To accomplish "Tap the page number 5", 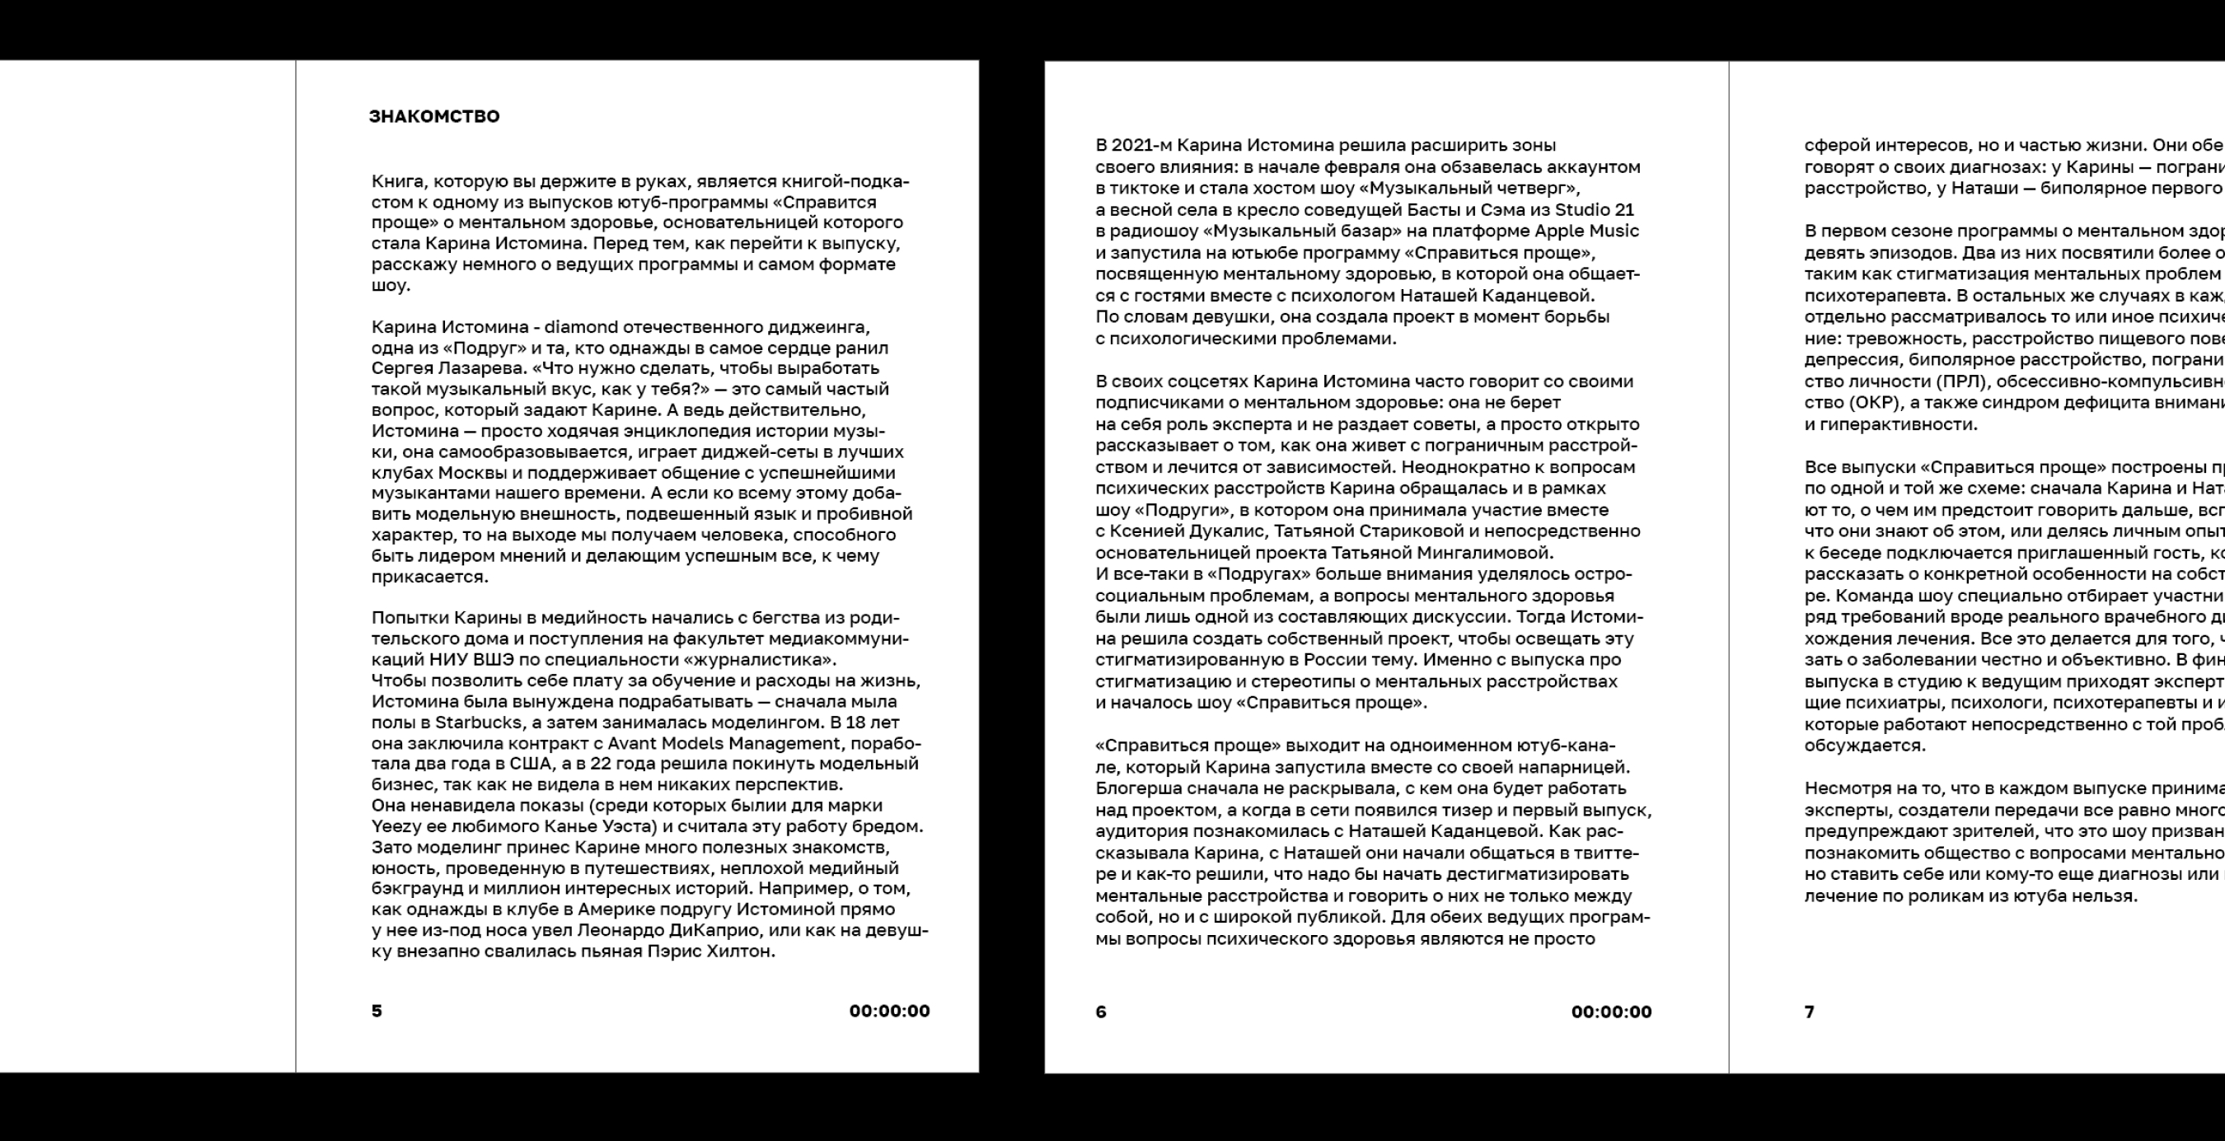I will pos(377,1011).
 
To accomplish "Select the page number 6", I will pos(1100,1012).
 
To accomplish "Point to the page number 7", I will pos(1810,1012).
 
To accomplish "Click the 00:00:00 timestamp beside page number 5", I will pos(889,1011).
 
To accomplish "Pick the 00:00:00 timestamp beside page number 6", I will pos(1611,1012).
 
